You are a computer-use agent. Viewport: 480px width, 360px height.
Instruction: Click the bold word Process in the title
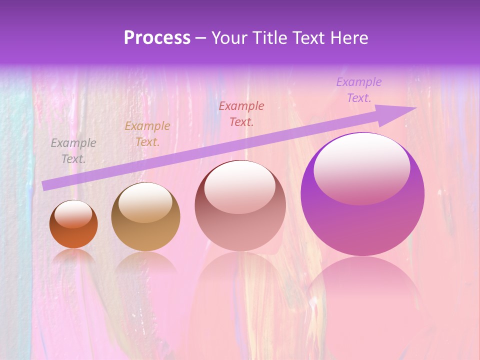click(157, 38)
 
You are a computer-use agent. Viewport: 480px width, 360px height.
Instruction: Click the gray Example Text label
click(73, 151)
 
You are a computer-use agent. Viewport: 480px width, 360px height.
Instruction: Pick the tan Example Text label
click(147, 134)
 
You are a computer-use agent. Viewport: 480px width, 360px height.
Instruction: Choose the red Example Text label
click(241, 113)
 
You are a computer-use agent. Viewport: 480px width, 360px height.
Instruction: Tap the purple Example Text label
click(359, 90)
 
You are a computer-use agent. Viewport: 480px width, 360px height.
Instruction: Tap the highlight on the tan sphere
click(145, 202)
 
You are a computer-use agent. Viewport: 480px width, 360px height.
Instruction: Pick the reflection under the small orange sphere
click(73, 257)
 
